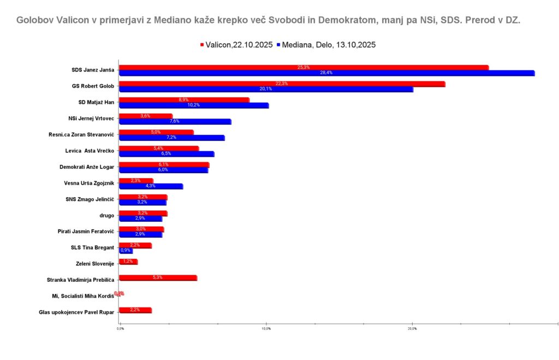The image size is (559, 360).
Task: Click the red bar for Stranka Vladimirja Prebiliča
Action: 158,278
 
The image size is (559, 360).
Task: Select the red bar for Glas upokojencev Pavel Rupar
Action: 135,310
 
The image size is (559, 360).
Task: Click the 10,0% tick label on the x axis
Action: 266,329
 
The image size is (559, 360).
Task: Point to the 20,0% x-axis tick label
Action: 412,329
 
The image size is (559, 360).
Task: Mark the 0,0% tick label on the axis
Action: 121,329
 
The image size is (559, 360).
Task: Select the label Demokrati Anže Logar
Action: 86,167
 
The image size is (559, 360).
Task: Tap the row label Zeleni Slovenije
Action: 94,264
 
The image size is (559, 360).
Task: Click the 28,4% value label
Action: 326,73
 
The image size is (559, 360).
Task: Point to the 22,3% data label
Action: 282,84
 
